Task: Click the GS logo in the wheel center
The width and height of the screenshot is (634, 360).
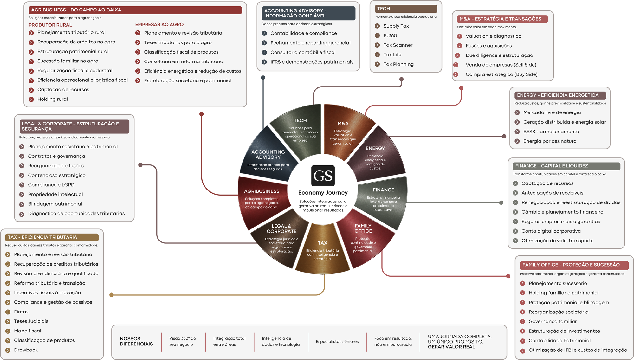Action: (323, 176)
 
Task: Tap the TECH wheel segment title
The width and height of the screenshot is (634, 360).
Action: (300, 120)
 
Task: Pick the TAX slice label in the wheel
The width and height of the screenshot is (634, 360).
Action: (322, 243)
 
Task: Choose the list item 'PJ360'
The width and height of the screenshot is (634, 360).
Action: (390, 35)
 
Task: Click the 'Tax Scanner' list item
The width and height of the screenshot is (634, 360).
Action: (398, 45)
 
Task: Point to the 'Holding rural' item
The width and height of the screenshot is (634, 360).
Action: (53, 99)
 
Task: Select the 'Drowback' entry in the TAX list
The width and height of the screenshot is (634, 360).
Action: (26, 350)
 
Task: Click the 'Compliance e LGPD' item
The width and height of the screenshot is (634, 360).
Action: (51, 185)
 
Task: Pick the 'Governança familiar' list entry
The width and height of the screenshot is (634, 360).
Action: (553, 321)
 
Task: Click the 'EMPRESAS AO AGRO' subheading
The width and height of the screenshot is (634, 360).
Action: (159, 24)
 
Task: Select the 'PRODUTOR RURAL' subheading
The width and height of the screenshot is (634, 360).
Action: (50, 25)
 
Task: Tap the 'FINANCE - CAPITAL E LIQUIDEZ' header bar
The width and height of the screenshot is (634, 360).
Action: (566, 166)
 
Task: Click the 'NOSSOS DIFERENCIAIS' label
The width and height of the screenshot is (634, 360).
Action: (136, 341)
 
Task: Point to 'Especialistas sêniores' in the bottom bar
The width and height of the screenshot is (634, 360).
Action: (337, 341)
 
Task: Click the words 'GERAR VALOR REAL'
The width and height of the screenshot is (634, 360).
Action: (451, 347)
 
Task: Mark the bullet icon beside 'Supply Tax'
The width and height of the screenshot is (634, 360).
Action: (377, 26)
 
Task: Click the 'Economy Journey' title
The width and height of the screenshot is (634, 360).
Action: (323, 193)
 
